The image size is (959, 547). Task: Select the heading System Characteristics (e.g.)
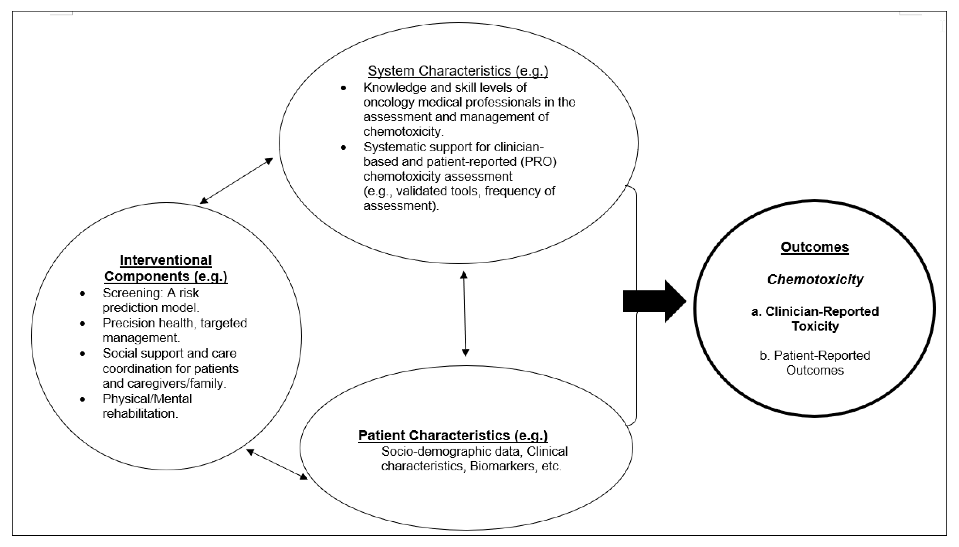pos(458,71)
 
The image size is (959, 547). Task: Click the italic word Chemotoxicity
pos(815,279)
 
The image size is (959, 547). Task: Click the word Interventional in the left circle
pos(166,260)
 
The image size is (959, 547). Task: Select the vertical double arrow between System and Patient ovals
pos(465,314)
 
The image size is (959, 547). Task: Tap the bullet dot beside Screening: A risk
pos(83,293)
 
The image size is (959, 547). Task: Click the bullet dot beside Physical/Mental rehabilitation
pos(83,399)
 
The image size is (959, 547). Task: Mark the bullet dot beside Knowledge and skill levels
pos(343,88)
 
